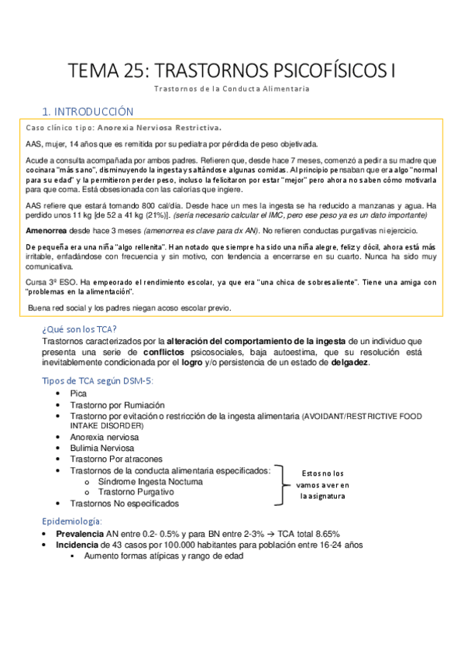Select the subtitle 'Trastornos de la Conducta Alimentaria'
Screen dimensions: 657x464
coord(232,88)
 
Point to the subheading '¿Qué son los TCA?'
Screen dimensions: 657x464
coord(80,328)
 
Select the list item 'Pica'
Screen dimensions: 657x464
coord(79,394)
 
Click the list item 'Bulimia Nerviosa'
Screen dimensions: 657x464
coord(102,448)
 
